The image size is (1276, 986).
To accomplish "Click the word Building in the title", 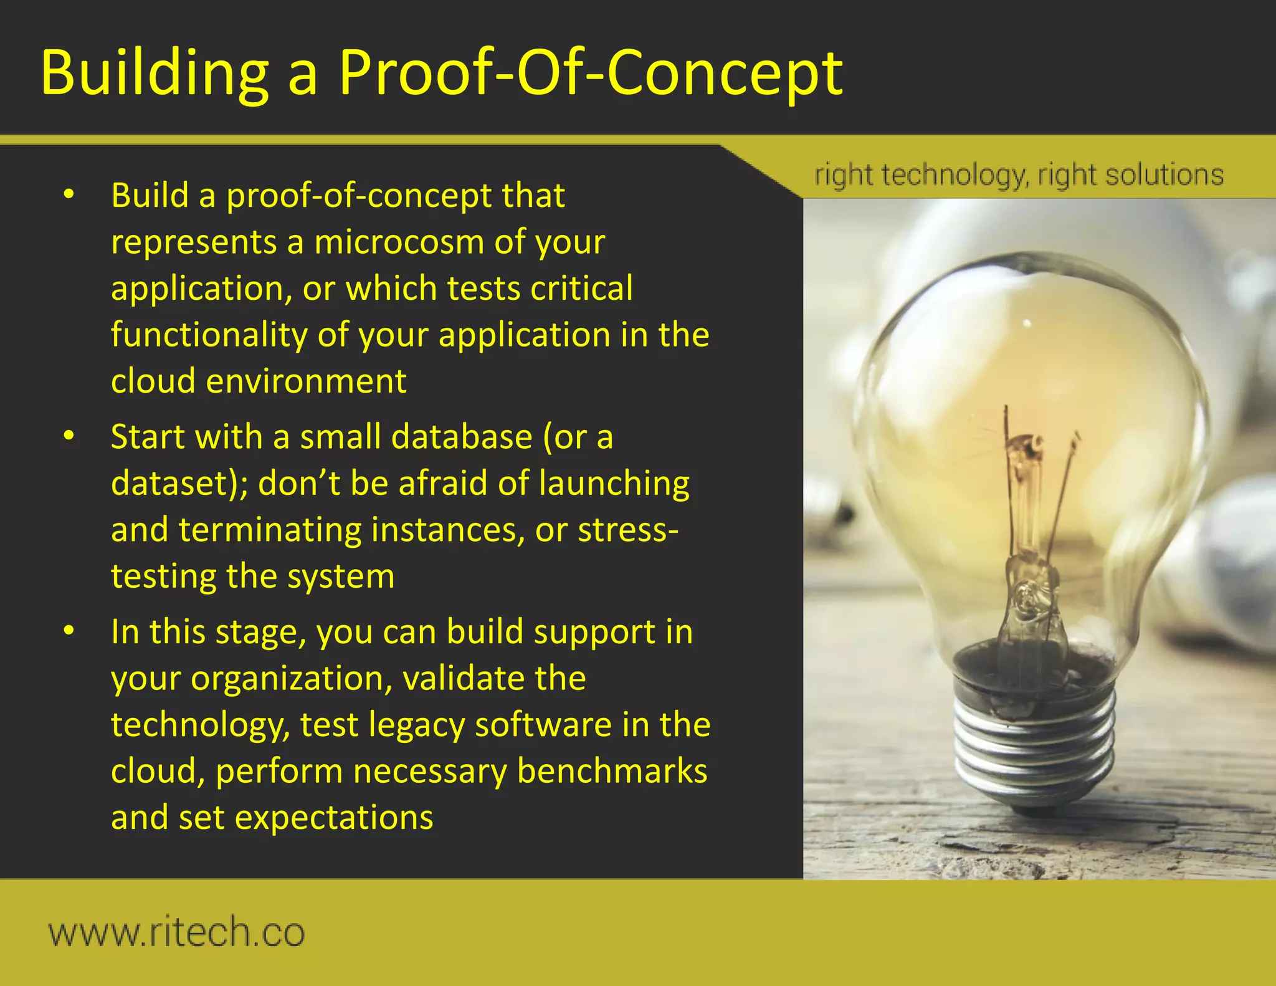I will [x=155, y=74].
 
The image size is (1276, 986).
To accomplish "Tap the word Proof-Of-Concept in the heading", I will [x=590, y=74].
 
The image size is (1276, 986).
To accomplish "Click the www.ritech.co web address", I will [x=176, y=932].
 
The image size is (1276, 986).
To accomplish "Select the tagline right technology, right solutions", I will [x=1019, y=175].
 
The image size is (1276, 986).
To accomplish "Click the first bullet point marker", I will [x=69, y=194].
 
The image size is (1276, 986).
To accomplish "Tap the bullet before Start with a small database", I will [x=69, y=436].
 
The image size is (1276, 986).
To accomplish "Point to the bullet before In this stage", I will [x=69, y=631].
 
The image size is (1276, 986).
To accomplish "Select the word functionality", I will [x=209, y=335].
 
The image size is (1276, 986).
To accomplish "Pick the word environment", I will [x=306, y=381].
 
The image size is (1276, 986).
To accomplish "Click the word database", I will [x=461, y=436].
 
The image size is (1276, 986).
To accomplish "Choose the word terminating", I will [x=270, y=530].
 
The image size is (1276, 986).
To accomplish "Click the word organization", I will [x=292, y=678].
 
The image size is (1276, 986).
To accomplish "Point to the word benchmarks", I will [x=612, y=771].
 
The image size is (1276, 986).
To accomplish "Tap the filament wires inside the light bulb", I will [x=1028, y=486].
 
